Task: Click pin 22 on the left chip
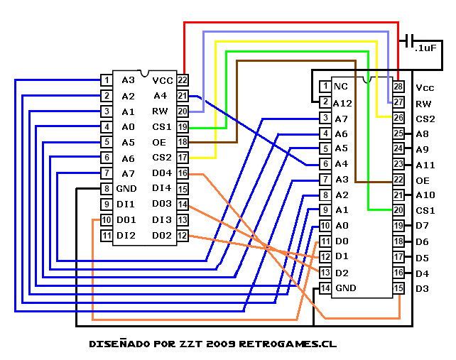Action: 183,80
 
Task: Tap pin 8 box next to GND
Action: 106,189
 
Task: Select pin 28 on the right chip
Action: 398,87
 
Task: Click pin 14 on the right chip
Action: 325,288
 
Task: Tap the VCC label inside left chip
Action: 163,80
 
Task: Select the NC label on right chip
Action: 341,87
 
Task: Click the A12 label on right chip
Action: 343,102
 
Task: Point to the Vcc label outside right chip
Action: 425,88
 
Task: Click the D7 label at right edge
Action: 422,226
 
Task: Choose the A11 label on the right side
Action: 425,164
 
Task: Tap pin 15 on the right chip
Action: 398,288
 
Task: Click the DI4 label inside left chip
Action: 163,188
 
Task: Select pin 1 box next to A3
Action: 106,80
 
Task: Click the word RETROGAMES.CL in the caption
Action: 288,344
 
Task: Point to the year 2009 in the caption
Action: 219,344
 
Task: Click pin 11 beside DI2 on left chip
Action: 106,235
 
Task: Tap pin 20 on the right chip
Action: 398,210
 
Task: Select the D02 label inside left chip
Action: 163,235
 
